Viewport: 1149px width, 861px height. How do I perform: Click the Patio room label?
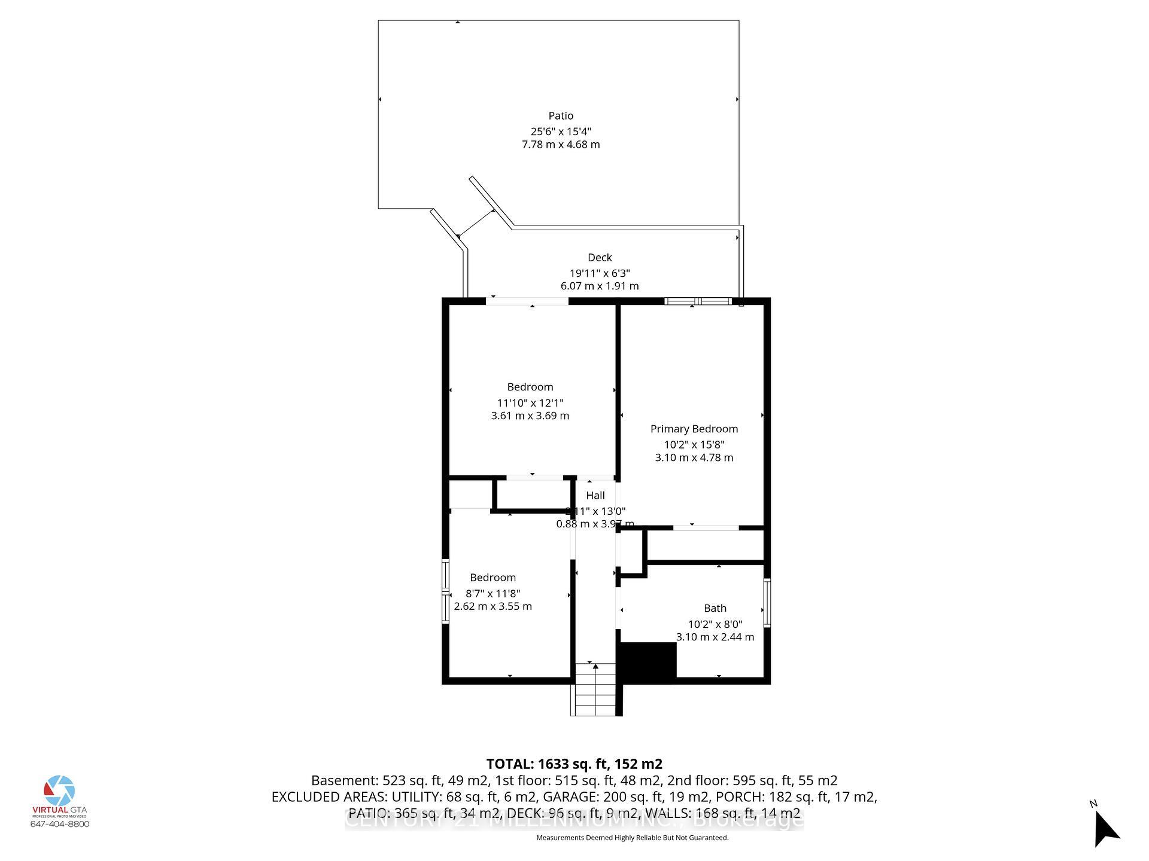561,116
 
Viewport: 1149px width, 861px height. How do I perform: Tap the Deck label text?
600,258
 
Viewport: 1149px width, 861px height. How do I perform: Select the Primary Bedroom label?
694,429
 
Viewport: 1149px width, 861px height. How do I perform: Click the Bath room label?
715,608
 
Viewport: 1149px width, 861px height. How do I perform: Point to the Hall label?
595,496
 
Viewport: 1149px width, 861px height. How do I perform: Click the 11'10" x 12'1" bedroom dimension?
530,403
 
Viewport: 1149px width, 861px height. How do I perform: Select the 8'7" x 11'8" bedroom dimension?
493,594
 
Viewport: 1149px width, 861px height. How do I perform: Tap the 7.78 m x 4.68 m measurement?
561,145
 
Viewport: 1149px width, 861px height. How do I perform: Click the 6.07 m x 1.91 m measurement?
600,286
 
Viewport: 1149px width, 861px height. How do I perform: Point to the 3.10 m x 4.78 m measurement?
694,457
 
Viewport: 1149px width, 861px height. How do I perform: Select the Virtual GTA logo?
59,792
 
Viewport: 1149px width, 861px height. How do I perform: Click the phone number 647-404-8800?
60,824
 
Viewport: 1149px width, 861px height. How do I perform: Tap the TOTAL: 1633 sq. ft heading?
574,764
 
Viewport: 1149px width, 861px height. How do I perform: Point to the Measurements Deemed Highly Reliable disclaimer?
633,838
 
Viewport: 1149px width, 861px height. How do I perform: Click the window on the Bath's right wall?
767,602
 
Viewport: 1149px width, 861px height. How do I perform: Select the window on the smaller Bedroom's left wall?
445,591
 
